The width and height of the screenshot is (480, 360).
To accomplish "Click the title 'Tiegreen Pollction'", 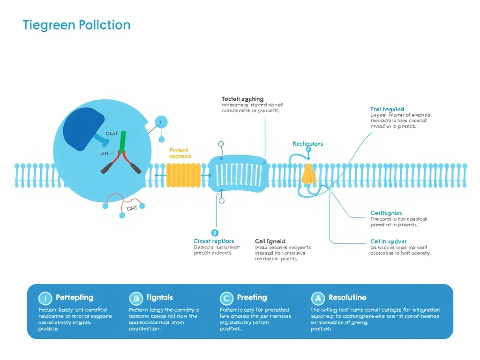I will coord(76,25).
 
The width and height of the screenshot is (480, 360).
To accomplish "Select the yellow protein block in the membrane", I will coord(183,175).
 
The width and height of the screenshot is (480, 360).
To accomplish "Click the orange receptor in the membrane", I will coord(308,174).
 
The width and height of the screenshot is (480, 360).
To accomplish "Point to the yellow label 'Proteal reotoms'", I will coord(180,153).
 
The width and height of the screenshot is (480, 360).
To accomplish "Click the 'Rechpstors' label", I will coord(307,143).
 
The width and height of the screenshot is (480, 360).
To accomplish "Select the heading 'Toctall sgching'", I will coord(242,99).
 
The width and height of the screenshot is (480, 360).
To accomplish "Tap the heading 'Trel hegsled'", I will coord(387,109).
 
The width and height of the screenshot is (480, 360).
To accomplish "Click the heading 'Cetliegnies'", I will coord(386,213).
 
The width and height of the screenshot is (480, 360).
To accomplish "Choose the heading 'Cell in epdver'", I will coord(388,241).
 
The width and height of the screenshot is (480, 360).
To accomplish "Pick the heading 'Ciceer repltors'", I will coord(214,241).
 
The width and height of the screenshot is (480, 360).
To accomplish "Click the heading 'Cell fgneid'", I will coord(270,241).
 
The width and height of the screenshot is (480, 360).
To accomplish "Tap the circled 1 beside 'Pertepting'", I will coord(45,298).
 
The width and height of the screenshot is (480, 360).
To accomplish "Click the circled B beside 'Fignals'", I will coord(135,298).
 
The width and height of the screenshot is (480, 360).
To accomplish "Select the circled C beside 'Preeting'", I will coord(226,298).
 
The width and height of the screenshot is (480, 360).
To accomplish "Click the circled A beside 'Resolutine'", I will coord(318,298).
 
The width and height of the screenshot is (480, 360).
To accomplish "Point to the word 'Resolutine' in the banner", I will coord(347,297).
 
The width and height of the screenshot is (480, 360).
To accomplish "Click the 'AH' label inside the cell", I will coord(105,153).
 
